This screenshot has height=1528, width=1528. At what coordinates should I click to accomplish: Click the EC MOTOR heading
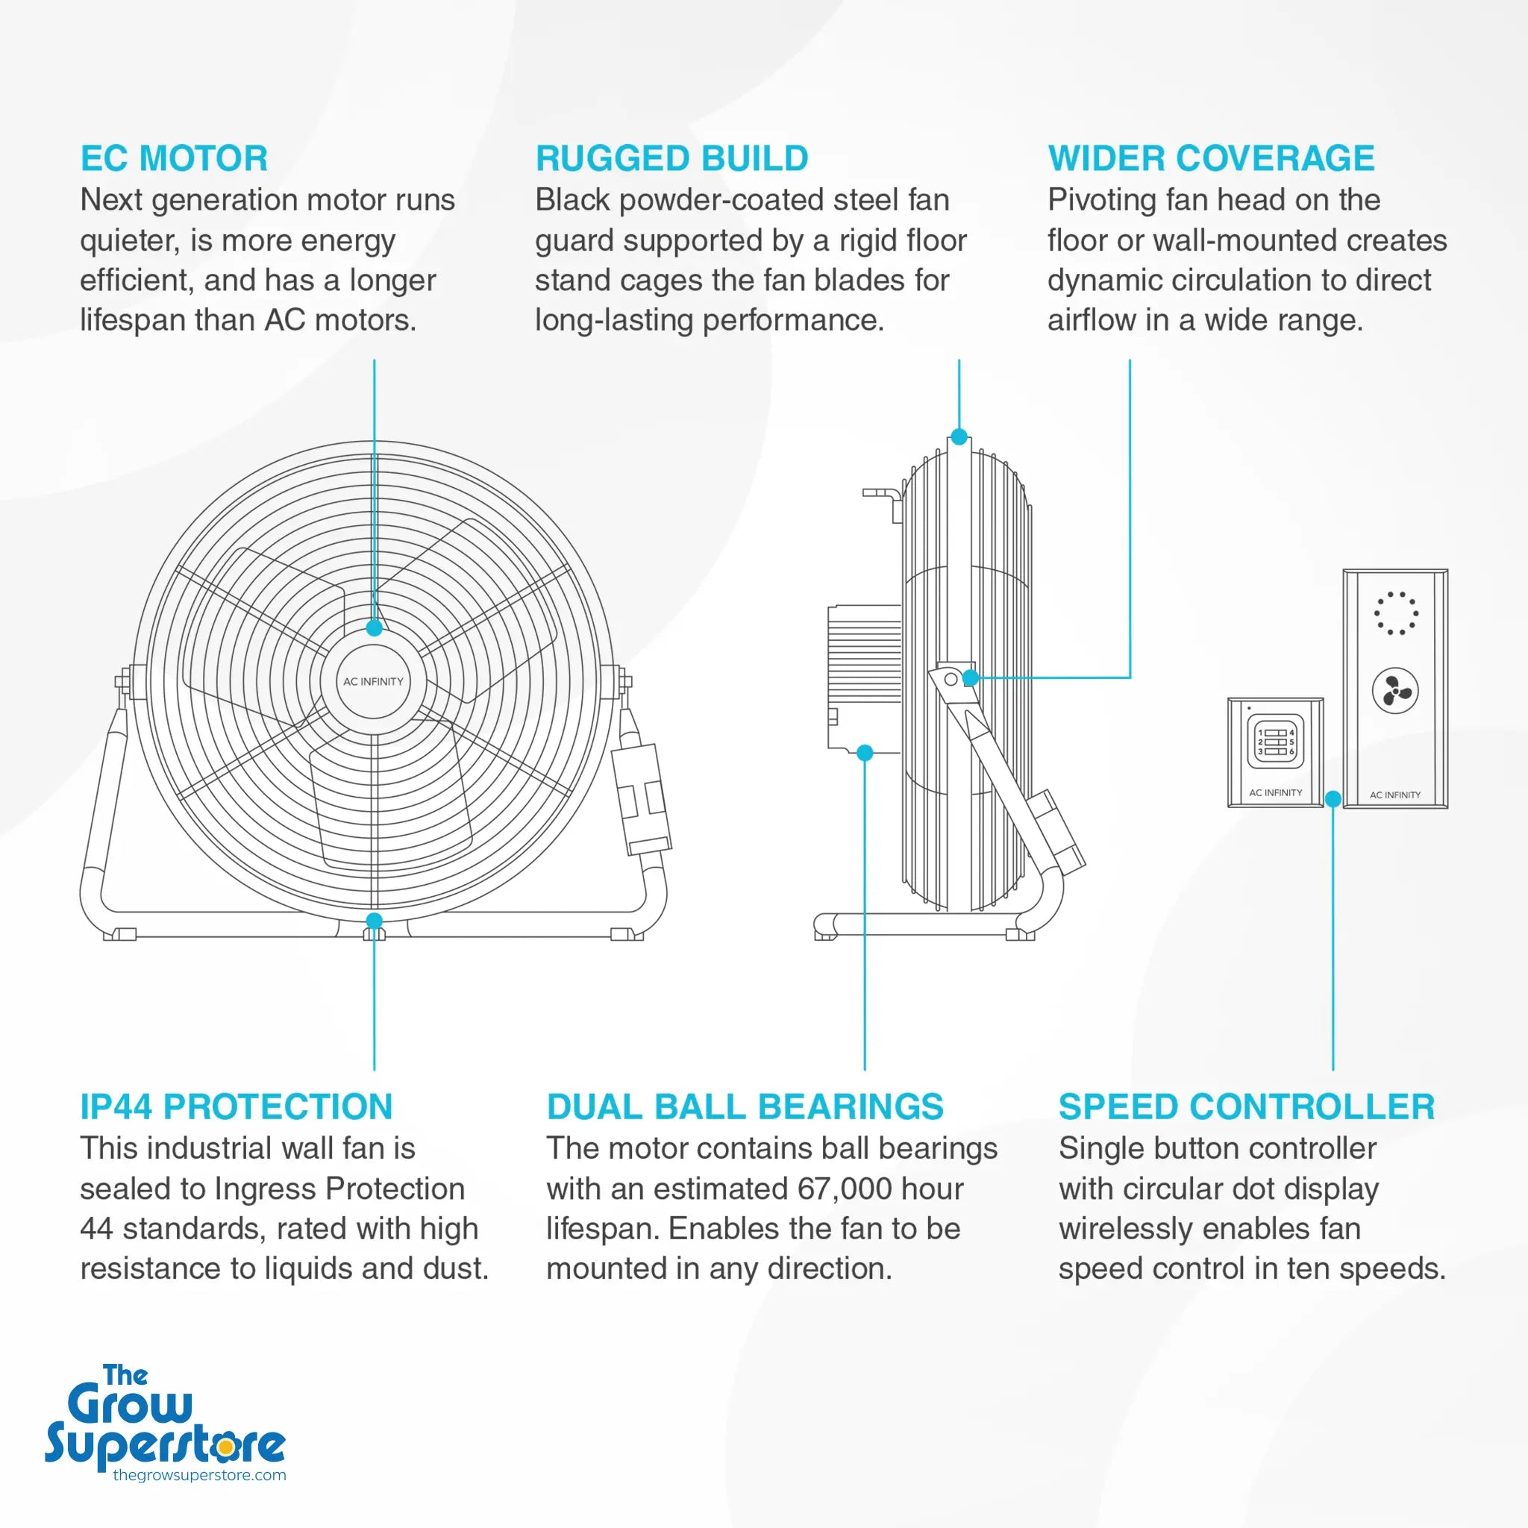[x=174, y=158]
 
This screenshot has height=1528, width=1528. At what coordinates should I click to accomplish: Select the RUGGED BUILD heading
[x=671, y=158]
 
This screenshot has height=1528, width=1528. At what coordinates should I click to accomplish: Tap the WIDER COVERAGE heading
[x=1211, y=158]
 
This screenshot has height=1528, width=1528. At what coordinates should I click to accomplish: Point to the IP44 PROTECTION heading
[x=236, y=1106]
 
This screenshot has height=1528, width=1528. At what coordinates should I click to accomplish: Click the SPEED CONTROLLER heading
[x=1247, y=1106]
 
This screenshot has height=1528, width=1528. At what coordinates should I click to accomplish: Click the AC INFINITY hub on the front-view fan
[x=373, y=681]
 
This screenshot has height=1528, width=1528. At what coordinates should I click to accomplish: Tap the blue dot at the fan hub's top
[x=374, y=628]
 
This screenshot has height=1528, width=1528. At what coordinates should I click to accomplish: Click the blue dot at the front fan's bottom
[x=374, y=921]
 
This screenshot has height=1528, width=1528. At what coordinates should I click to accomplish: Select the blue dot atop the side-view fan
[x=959, y=436]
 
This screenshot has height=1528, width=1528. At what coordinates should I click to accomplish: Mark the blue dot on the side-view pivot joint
[x=971, y=677]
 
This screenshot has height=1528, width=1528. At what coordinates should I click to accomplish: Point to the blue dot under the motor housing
[x=865, y=752]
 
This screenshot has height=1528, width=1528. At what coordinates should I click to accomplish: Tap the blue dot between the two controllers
[x=1333, y=799]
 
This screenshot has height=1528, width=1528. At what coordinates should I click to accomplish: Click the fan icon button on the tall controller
[x=1394, y=690]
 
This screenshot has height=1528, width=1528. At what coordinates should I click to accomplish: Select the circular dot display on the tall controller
[x=1395, y=613]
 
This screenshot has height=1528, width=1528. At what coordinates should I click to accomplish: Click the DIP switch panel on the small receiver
[x=1275, y=742]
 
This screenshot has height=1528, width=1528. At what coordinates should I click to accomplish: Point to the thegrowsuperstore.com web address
[x=199, y=1475]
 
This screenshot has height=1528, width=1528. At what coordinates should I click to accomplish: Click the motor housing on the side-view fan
[x=865, y=677]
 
